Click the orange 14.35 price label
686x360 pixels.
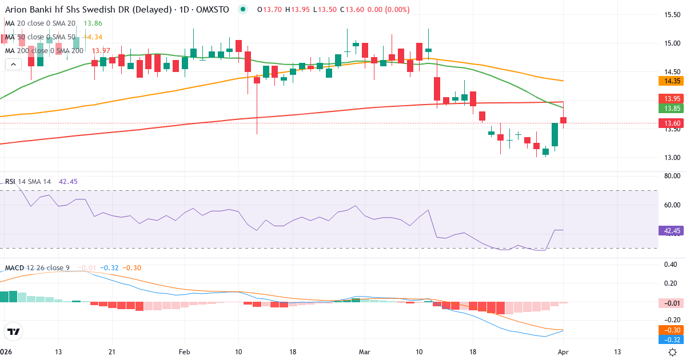[671, 81]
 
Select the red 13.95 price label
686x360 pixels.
[671, 99]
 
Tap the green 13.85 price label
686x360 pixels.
[671, 108]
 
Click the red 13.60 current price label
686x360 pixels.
[671, 123]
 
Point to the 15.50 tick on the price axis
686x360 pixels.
[671, 15]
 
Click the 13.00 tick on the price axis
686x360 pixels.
[671, 158]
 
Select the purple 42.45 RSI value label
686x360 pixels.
[671, 231]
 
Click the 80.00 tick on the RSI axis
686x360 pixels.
[671, 176]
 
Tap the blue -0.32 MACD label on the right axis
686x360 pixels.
[671, 339]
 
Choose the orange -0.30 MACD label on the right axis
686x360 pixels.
[671, 330]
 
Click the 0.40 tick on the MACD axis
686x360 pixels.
[671, 264]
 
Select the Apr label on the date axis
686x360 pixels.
[564, 352]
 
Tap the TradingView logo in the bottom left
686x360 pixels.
[14, 331]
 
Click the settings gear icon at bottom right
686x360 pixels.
[673, 352]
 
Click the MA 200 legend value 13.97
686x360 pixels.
[95, 50]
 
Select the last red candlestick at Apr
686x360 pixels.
[564, 120]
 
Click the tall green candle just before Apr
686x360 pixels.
[555, 134]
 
